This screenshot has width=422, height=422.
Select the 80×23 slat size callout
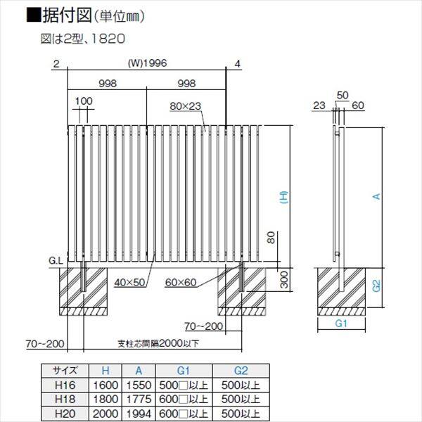click(185, 106)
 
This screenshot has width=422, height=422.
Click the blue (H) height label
click(284, 198)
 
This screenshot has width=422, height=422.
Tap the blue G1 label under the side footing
click(341, 324)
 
